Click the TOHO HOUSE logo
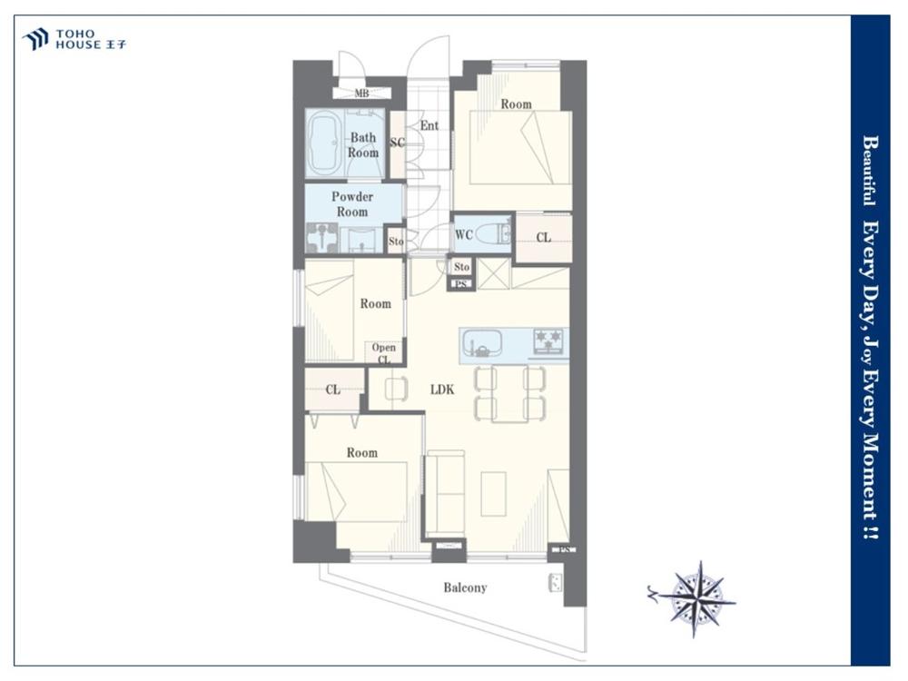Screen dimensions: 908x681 pos(74,39)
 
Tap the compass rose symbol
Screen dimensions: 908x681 pos(697,599)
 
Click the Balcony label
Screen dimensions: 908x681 pos(465,587)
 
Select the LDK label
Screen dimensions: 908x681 pos(442,390)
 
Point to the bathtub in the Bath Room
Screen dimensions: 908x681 pos(324,144)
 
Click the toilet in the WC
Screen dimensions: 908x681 pos(498,234)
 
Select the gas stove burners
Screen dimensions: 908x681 pos(548,341)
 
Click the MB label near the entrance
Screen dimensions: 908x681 pos(362,93)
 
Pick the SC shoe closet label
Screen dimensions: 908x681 pos(398,143)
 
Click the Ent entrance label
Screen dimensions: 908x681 pos(429,125)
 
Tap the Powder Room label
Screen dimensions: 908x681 pos(352,204)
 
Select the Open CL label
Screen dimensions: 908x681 pos(384,353)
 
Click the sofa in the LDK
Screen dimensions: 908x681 pos(445,494)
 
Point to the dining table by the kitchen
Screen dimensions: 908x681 pos(510,393)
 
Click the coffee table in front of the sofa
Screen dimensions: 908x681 pos(493,493)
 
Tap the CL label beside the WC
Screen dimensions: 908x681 pos(543,237)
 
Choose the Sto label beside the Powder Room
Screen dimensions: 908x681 pos(396,242)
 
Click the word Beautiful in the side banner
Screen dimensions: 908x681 pos(871,171)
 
